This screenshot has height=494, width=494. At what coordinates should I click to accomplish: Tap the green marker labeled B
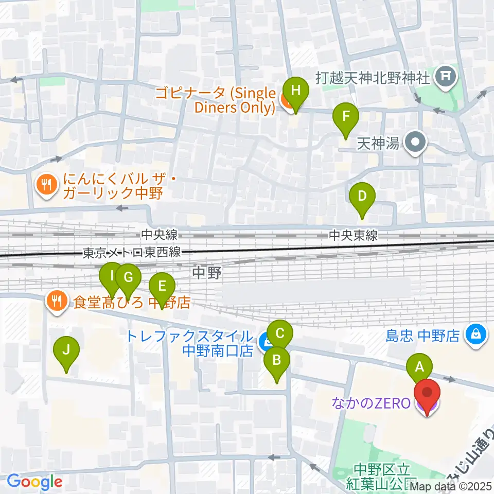(276, 360)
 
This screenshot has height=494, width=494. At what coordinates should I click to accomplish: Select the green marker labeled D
(362, 196)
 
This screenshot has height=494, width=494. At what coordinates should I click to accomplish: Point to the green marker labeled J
(66, 350)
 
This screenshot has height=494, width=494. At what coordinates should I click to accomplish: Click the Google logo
(34, 482)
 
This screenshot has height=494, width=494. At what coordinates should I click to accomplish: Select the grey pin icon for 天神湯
(415, 143)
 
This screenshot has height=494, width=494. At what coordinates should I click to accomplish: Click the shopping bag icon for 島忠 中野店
(474, 336)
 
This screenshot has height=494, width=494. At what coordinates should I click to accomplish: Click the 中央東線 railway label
(352, 235)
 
